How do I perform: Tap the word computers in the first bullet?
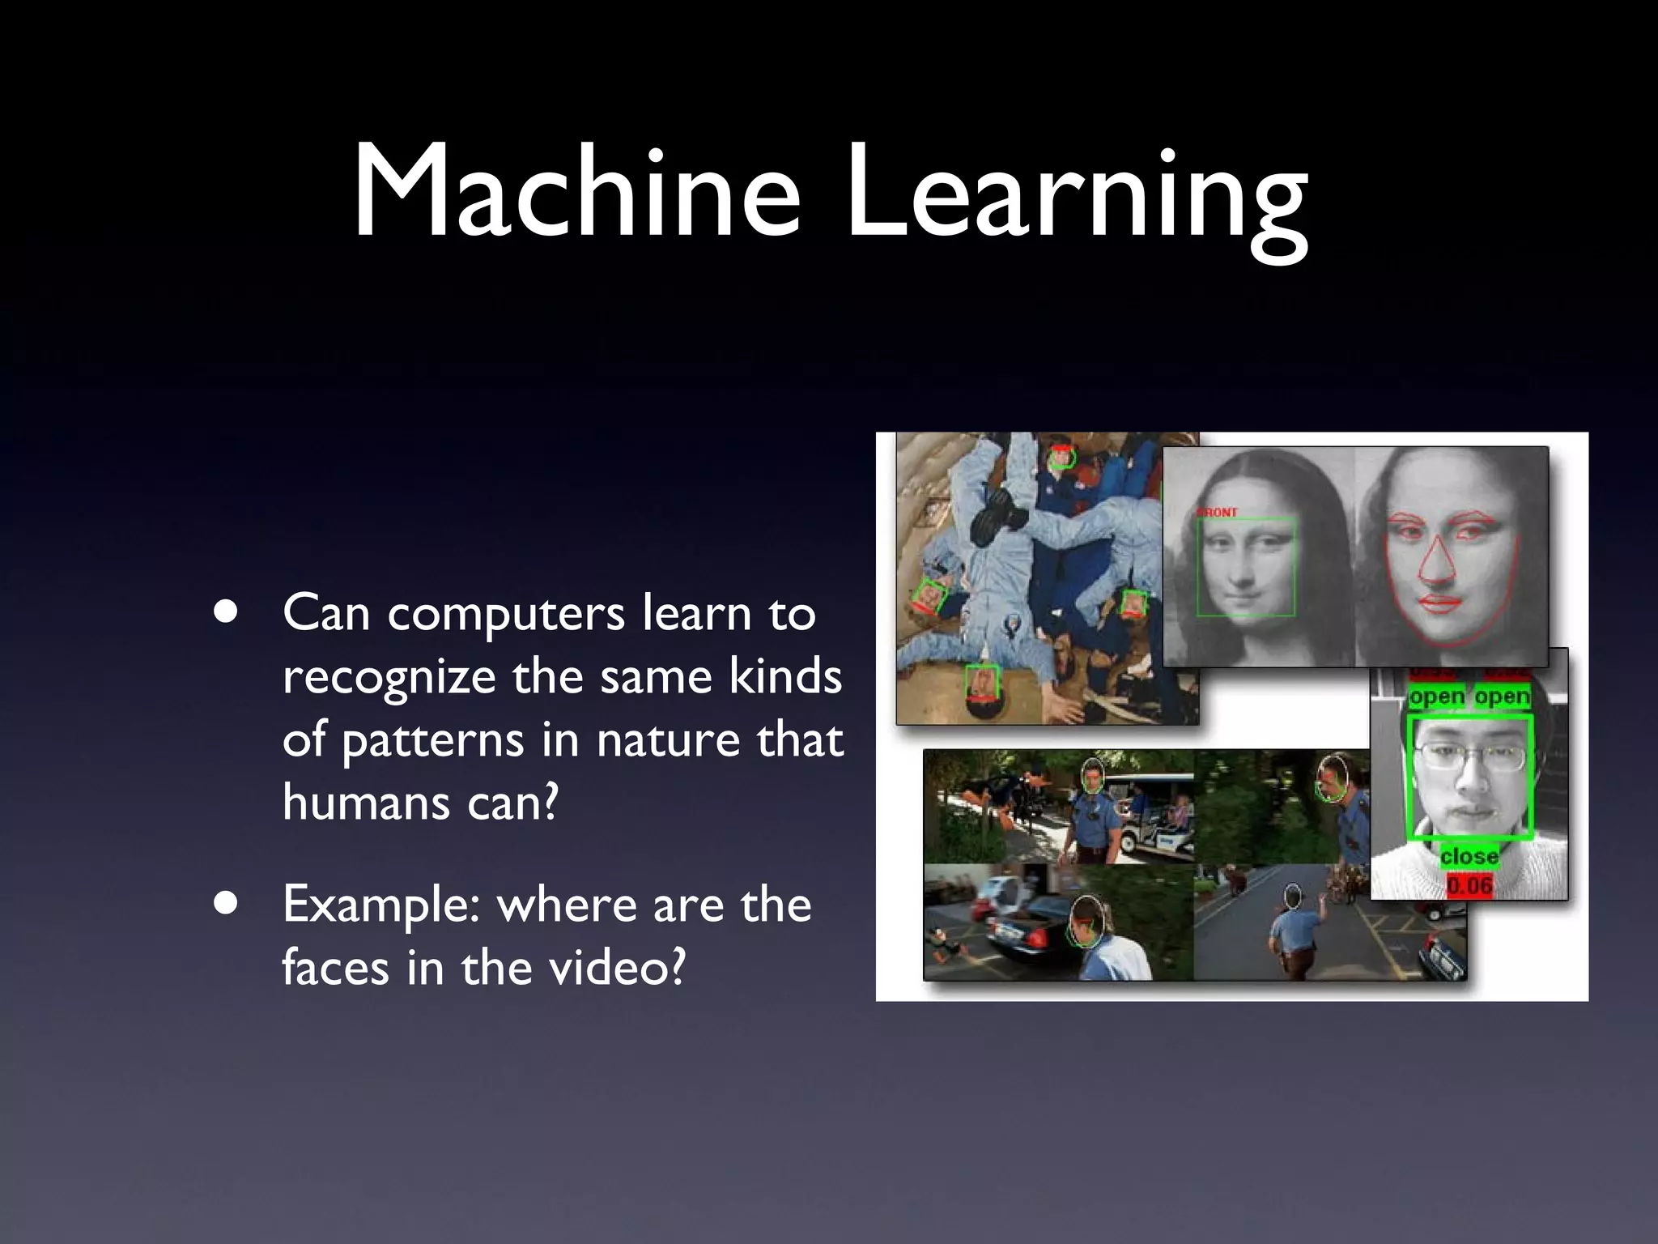505,613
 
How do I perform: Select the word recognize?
389,677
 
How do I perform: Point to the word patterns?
432,740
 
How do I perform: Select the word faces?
335,968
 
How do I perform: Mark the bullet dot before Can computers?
227,612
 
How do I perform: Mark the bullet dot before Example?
227,904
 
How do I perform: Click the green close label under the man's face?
1469,856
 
